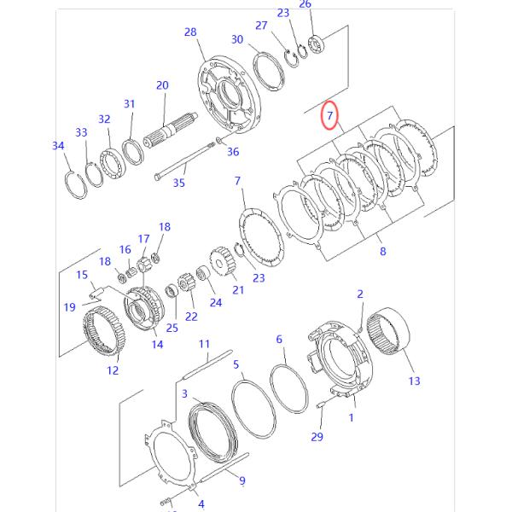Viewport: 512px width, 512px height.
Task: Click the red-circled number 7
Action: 329,114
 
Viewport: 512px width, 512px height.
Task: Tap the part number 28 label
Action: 190,32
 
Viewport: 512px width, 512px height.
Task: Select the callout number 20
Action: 162,85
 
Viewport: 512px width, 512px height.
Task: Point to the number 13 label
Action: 414,381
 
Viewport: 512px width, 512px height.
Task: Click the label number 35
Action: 178,182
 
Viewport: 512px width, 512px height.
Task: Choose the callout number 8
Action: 382,251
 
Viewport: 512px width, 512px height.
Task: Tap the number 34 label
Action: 58,146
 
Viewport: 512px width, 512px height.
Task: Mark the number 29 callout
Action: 317,437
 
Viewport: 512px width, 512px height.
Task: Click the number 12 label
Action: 113,370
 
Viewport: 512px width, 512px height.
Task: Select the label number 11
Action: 204,344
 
